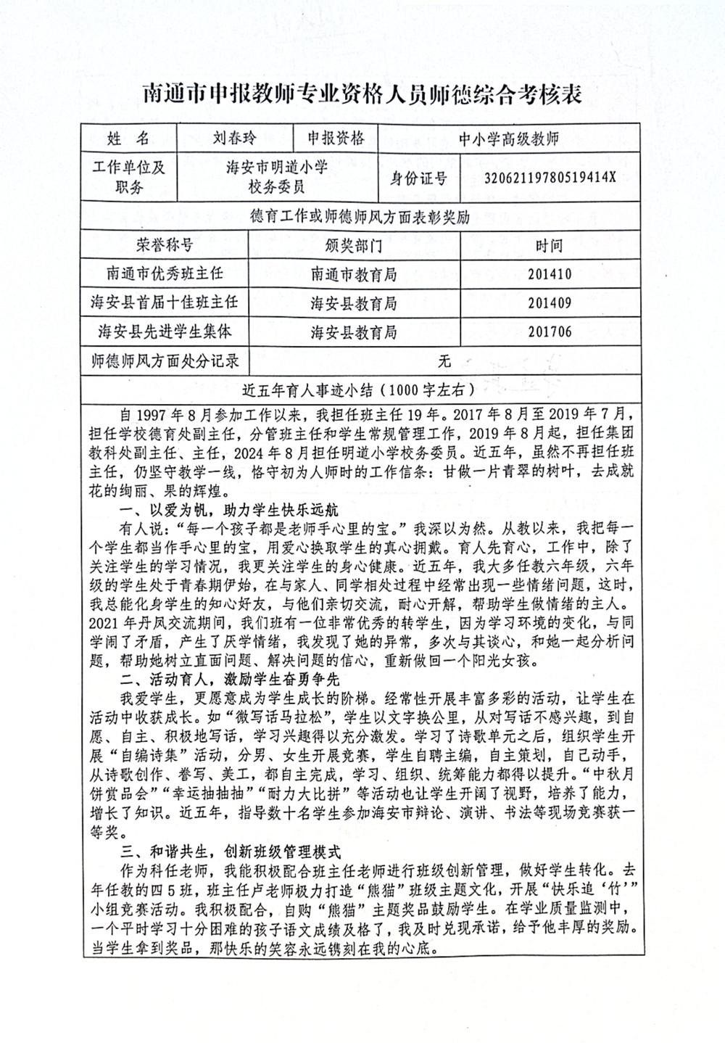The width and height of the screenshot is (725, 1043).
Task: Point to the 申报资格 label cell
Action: pos(336,138)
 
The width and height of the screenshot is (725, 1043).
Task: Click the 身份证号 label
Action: pos(419,177)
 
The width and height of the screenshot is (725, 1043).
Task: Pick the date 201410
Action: pos(550,274)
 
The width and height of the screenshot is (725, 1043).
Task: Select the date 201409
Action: pos(550,303)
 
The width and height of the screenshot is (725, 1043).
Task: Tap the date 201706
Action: pos(550,332)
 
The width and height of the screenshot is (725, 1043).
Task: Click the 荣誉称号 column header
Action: pos(165,245)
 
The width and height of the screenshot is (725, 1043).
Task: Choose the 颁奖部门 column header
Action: pos(354,245)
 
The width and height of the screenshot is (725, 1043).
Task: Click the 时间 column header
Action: pos(550,245)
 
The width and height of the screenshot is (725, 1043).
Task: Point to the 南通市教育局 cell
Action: pos(354,274)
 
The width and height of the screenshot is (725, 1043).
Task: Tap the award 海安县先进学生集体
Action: pos(165,331)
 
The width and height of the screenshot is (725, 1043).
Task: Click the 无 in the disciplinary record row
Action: pos(444,360)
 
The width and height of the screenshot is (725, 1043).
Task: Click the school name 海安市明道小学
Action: pos(277,168)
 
